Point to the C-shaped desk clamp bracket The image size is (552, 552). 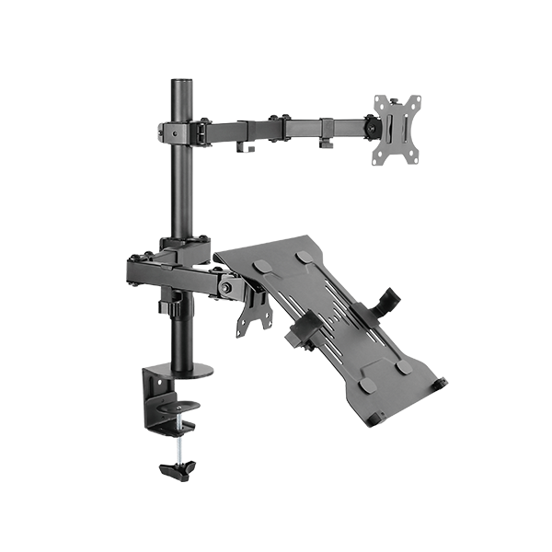pyautogui.click(x=162, y=396)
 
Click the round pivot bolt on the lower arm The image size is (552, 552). pyautogui.click(x=224, y=287)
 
